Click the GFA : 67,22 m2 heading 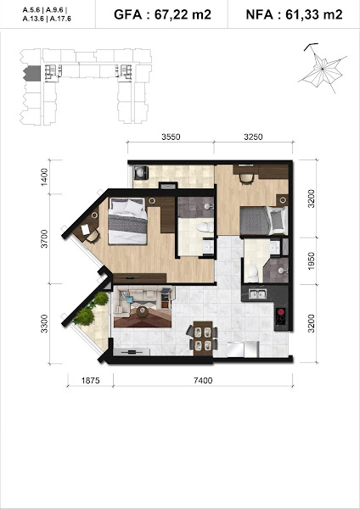pos(162,14)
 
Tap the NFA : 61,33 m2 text pos(294,14)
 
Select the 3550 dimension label pos(171,137)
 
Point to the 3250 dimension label pos(253,137)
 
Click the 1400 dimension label pos(44,177)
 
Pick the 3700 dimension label pos(44,238)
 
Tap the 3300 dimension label pos(44,323)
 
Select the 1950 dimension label pos(311,260)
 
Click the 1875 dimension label pos(90,380)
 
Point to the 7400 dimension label pos(203,380)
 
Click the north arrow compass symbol pos(323,69)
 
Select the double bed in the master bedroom pos(127,221)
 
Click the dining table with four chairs pos(203,338)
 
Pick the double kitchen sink pos(257,294)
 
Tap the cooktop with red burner pos(281,316)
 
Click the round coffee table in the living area pos(143,311)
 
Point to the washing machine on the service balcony pos(141,172)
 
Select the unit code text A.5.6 pos(31,10)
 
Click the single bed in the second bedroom pos(264,221)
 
